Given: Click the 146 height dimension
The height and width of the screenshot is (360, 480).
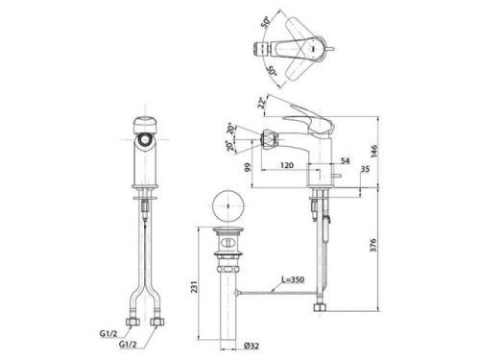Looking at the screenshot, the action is coord(374,151).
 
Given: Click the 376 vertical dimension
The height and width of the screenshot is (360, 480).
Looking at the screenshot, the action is coord(373,245).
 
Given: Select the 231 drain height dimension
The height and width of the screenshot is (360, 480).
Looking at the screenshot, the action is coord(194,287).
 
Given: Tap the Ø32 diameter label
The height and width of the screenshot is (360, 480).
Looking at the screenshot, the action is coord(252,346).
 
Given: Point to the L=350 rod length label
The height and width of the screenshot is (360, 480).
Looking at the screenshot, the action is coord(293,279).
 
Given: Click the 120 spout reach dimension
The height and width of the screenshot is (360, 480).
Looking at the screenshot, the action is coord(287,165).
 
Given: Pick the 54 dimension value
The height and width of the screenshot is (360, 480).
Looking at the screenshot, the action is coord(345,160).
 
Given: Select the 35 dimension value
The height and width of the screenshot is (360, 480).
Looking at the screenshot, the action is coord(365,169).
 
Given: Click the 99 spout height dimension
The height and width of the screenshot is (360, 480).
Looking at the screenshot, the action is coord(248,167).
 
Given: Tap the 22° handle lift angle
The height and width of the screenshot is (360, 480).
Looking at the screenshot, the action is coord(262,103).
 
